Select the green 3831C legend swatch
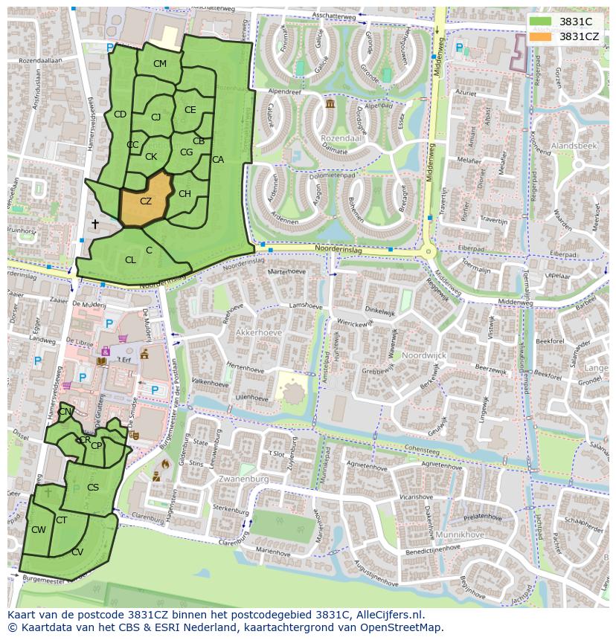click(x=541, y=22)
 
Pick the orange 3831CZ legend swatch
click(x=541, y=36)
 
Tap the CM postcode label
click(x=160, y=64)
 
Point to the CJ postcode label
click(x=155, y=117)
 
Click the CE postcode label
click(x=190, y=110)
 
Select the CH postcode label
click(x=185, y=194)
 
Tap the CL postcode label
click(x=130, y=260)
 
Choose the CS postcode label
click(x=93, y=488)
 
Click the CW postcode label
click(x=39, y=530)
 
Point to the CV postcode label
click(x=77, y=552)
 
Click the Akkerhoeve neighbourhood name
click(x=256, y=332)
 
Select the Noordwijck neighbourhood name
click(x=424, y=356)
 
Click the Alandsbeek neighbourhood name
click(x=574, y=146)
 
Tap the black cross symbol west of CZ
click(x=94, y=224)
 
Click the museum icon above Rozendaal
click(x=330, y=105)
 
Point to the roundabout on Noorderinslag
click(x=428, y=252)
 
